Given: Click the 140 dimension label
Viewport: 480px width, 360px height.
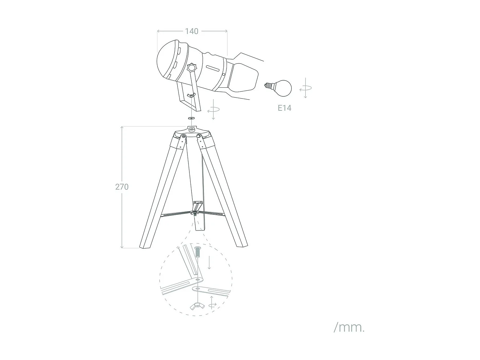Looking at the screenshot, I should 192,31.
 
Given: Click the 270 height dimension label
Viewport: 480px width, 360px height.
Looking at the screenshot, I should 122,187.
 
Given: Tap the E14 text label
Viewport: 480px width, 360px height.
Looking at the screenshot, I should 284,108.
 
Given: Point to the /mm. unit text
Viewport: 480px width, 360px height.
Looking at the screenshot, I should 349,327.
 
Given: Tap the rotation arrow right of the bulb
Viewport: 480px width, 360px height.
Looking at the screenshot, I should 306,88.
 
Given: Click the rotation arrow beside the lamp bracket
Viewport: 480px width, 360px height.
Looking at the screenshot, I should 213,109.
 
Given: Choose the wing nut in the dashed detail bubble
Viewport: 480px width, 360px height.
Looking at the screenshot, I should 198,306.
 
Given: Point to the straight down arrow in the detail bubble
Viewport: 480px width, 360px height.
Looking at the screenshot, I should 209,262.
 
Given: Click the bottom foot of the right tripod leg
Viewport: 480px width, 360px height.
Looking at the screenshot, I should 242,245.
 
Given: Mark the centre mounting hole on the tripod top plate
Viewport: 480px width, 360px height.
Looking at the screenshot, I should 192,129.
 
